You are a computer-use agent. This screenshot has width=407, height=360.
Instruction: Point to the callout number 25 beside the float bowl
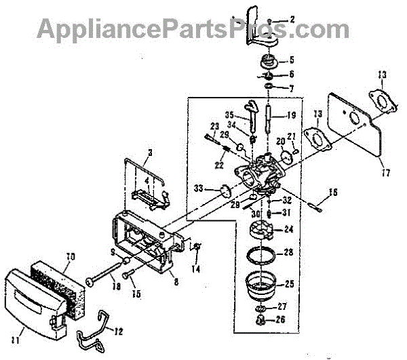[x=289, y=281]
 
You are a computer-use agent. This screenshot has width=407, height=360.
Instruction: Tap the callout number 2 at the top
[x=292, y=20]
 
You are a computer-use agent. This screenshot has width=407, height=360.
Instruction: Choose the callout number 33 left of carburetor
[x=197, y=188]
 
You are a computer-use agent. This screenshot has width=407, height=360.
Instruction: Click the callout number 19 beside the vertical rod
[x=290, y=115]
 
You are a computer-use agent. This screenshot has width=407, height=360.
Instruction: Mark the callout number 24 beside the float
[x=288, y=229]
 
